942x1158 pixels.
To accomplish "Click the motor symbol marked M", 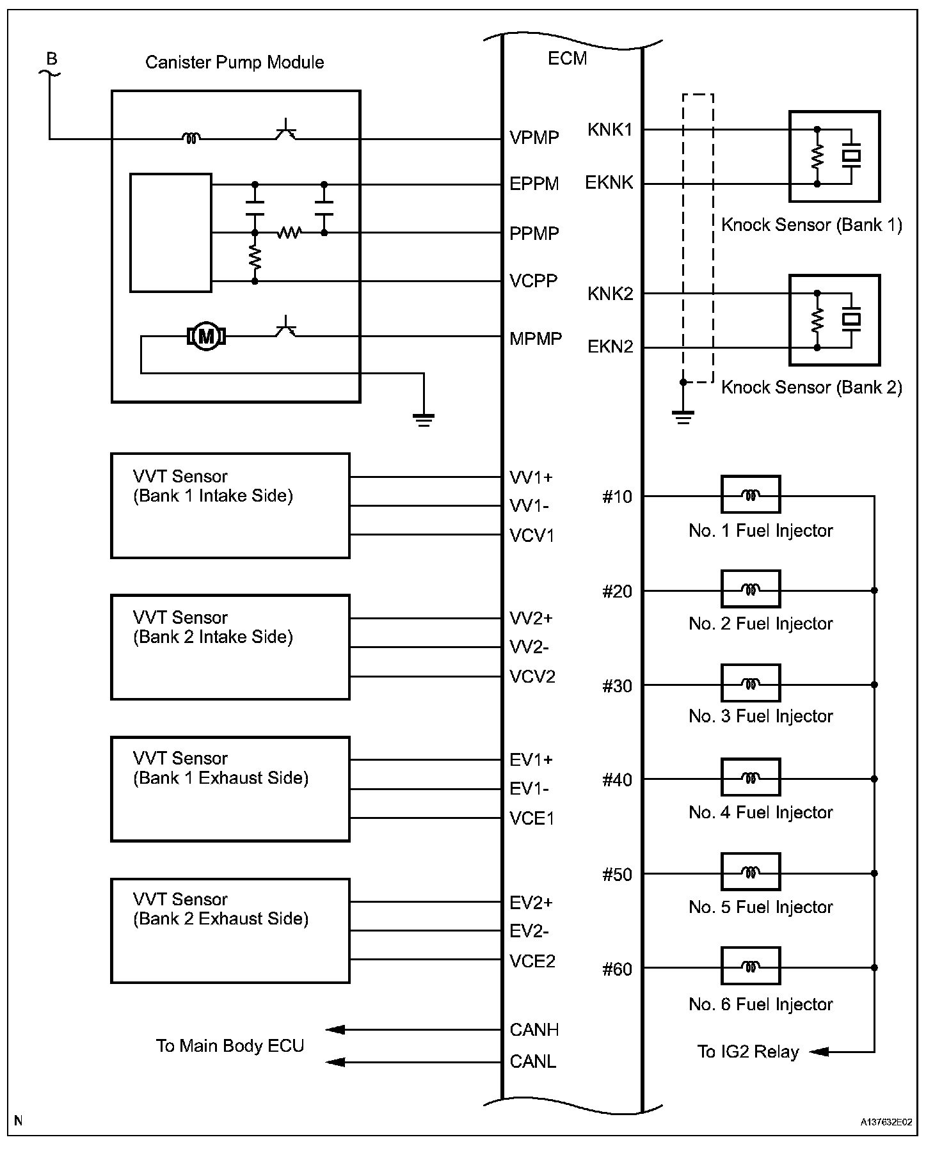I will click(x=205, y=335).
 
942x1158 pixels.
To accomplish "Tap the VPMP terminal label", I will click(x=534, y=138).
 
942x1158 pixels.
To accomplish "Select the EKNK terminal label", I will click(x=609, y=183).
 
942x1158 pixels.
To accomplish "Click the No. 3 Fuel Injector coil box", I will click(x=750, y=683).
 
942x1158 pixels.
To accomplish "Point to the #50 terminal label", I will click(x=617, y=875).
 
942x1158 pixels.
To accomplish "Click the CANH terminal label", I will click(x=534, y=1029).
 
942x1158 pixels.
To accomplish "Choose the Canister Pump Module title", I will click(x=234, y=62).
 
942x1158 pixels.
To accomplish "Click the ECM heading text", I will click(x=567, y=58).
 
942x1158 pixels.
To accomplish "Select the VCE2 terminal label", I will click(x=532, y=961).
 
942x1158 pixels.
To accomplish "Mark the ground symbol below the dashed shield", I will click(x=683, y=417).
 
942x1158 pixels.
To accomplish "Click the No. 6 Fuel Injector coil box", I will click(x=750, y=966).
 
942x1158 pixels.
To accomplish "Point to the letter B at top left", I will click(x=52, y=59).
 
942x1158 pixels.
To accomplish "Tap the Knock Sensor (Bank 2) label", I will click(x=811, y=387).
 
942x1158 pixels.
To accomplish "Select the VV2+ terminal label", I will click(x=531, y=618).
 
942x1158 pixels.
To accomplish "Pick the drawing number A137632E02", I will click(x=886, y=1122).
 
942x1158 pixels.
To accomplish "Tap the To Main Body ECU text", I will click(x=230, y=1045).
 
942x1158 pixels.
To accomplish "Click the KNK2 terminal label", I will click(x=610, y=294).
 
